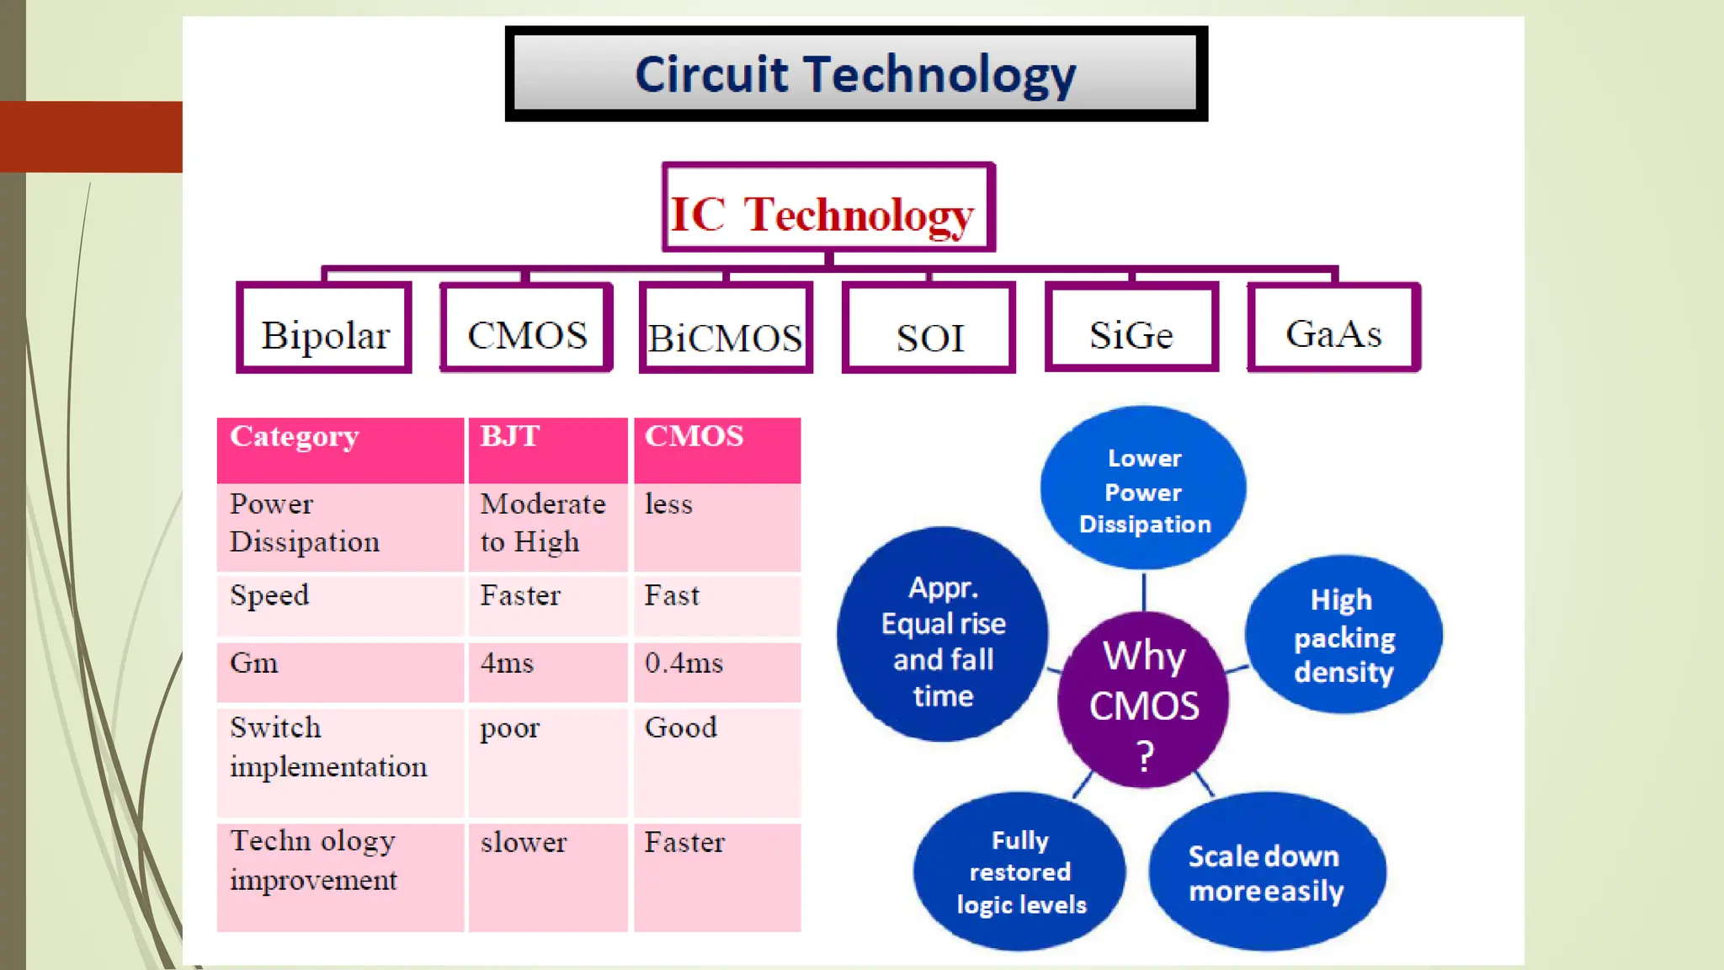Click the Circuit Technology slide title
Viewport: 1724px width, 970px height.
coord(855,74)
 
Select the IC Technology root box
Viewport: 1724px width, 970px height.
coord(828,208)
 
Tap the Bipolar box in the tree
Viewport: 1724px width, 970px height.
coord(325,328)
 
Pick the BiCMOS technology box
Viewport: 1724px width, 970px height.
coord(726,329)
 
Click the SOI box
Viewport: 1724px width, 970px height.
coord(929,329)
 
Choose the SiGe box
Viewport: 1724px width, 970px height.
coord(1131,328)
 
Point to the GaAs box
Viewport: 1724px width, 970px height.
coord(1334,328)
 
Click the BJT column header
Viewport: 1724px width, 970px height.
coord(547,449)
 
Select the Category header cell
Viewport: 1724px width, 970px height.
coord(340,449)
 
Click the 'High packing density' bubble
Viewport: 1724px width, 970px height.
coord(1344,636)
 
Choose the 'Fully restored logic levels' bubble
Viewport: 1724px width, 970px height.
coord(1019,871)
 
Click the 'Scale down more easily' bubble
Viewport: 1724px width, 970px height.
coord(1266,872)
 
